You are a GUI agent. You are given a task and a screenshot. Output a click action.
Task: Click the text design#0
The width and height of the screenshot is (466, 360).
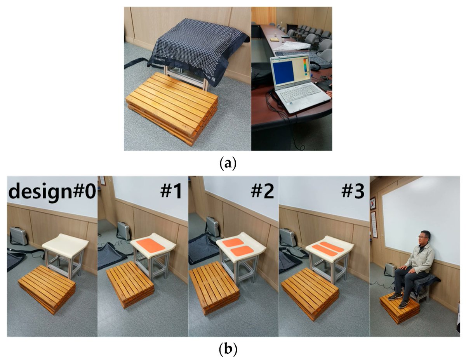(x=52, y=191)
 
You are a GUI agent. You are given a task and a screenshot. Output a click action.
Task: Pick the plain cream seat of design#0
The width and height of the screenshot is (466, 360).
(x=66, y=245)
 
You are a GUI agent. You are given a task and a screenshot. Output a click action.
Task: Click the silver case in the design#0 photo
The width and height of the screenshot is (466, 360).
(x=19, y=236)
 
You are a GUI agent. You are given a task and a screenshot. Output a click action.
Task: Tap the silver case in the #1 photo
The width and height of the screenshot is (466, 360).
(x=123, y=230)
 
